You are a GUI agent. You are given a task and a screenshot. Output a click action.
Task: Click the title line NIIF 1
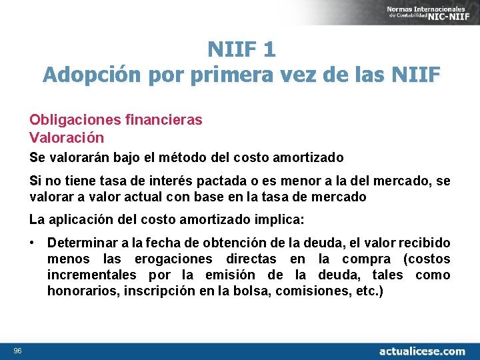pos(241,49)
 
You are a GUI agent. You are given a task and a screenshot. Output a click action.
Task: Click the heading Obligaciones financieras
pos(115,120)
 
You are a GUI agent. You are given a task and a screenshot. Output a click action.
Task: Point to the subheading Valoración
pos(67,137)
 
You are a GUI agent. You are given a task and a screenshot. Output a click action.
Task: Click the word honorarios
pos(77,291)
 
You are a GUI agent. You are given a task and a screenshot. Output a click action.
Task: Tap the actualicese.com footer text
pos(422,351)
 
